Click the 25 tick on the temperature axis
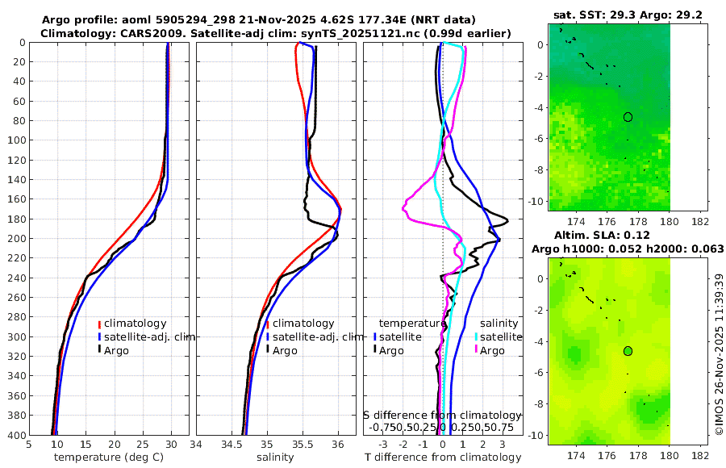tap(143, 444)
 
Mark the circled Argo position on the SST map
tap(628, 117)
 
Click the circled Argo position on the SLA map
tap(628, 351)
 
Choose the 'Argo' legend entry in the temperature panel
tap(117, 350)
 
